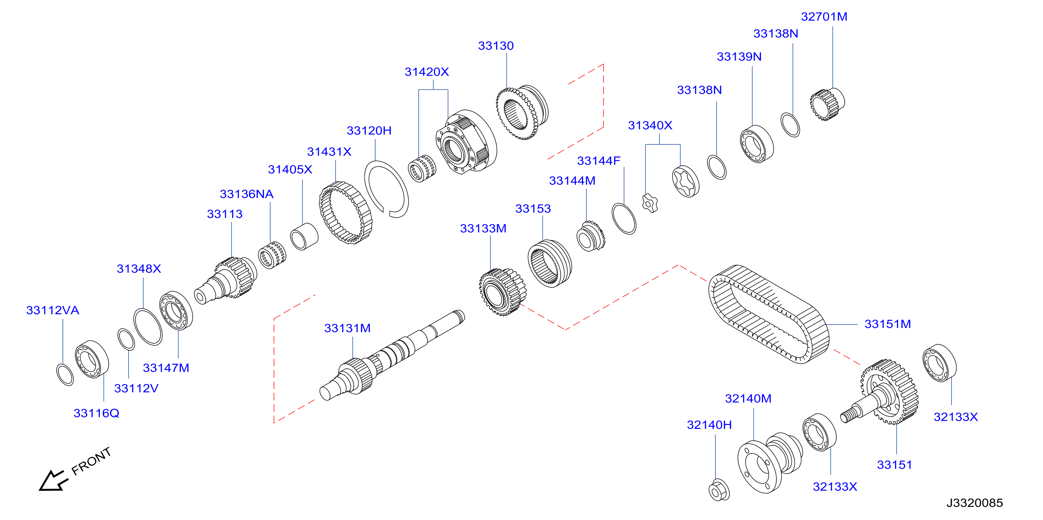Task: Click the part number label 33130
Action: tap(496, 46)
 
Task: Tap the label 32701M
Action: tap(824, 16)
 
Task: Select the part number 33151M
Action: tap(887, 324)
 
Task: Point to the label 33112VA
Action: tap(53, 310)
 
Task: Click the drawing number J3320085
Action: tap(975, 502)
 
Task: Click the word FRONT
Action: tap(91, 461)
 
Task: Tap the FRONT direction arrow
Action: tap(53, 481)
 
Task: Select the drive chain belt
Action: tap(768, 314)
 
